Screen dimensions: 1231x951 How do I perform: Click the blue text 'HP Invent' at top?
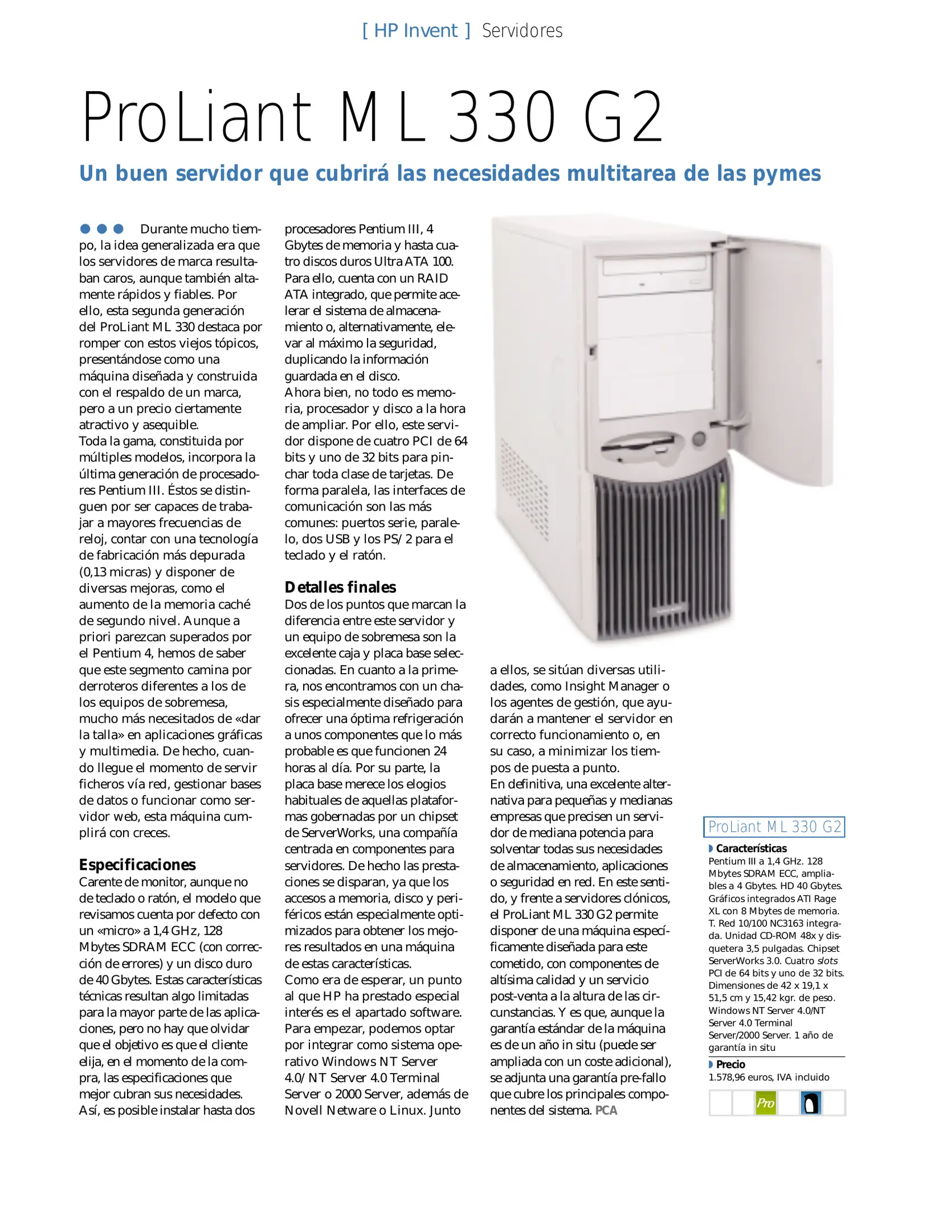pyautogui.click(x=415, y=31)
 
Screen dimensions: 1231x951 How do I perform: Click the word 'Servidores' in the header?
pyautogui.click(x=522, y=31)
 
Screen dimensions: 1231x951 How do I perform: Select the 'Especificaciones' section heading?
pyautogui.click(x=137, y=865)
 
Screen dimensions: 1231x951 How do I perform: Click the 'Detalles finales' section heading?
pyautogui.click(x=340, y=587)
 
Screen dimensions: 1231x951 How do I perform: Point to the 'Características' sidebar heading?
pyautogui.click(x=751, y=848)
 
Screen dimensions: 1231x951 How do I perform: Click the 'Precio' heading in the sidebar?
pyautogui.click(x=730, y=1064)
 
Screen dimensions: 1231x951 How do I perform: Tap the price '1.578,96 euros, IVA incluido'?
pyautogui.click(x=769, y=1077)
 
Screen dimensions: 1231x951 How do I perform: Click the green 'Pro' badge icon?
pyautogui.click(x=765, y=1103)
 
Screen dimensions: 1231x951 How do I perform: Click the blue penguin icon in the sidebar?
pyautogui.click(x=810, y=1103)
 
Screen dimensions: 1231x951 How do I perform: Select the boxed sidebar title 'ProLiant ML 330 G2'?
pyautogui.click(x=774, y=827)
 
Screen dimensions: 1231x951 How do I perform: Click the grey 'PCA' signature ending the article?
pyautogui.click(x=606, y=1110)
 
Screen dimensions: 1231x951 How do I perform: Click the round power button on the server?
pyautogui.click(x=699, y=439)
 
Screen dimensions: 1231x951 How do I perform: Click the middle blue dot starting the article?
pyautogui.click(x=102, y=229)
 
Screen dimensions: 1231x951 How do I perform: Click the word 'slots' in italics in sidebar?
pyautogui.click(x=827, y=961)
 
